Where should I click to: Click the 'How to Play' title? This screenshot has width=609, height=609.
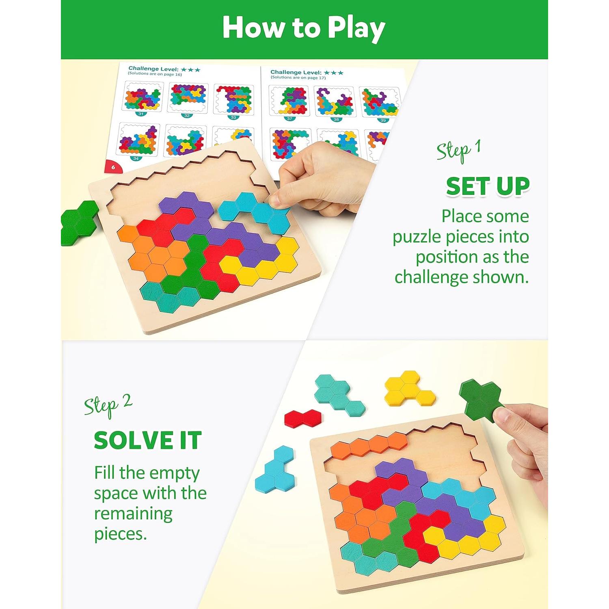(304, 28)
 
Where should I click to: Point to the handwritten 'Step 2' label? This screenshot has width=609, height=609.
(108, 405)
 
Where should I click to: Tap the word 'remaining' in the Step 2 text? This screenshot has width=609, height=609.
(133, 514)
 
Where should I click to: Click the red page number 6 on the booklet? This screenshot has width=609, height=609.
(113, 167)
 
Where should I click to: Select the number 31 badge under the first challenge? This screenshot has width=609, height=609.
(141, 114)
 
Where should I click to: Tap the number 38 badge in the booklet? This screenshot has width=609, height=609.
(336, 119)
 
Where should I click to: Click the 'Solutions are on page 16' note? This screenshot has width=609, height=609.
(155, 74)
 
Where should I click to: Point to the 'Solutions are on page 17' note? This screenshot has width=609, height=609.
(298, 77)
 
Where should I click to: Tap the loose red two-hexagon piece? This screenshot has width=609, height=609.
(302, 418)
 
